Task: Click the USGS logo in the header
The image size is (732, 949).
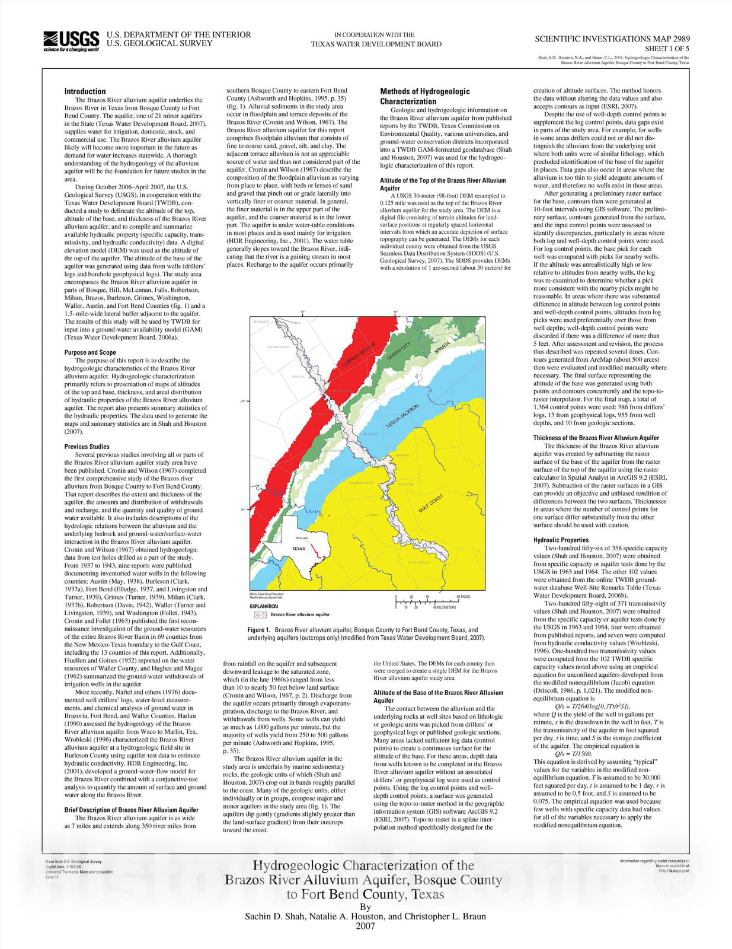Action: tap(71, 40)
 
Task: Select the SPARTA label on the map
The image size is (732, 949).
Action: tap(442, 348)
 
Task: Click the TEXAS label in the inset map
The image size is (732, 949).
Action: tap(299, 549)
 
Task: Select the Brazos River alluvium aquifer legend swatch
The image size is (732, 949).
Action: tap(259, 614)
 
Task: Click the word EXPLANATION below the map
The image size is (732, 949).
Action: tap(263, 606)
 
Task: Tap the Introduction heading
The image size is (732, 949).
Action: tap(85, 91)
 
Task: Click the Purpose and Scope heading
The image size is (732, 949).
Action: tap(90, 352)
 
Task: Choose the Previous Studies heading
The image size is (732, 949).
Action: tap(87, 447)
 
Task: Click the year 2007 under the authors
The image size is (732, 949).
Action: tap(365, 926)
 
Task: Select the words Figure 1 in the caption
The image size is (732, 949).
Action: tap(259, 630)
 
